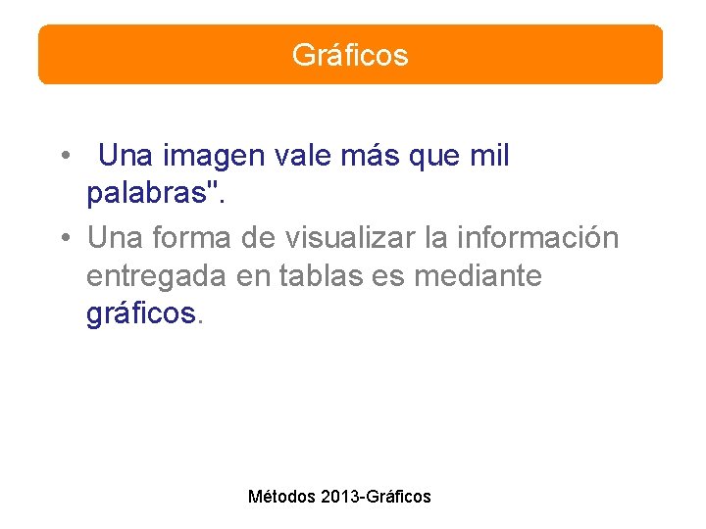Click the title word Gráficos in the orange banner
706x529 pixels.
(x=350, y=55)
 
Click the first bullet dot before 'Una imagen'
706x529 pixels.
(x=63, y=157)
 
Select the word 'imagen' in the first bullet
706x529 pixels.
(x=208, y=157)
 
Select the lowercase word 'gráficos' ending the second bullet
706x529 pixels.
(x=141, y=315)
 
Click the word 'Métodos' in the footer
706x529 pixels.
(x=281, y=497)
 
